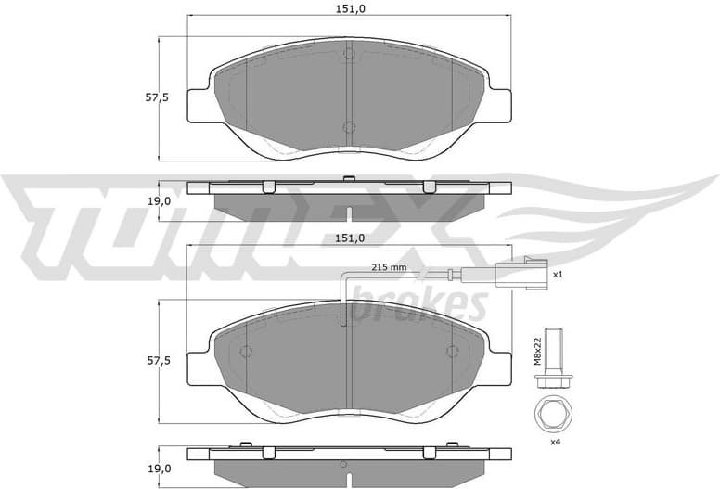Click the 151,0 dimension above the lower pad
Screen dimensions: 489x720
click(x=349, y=238)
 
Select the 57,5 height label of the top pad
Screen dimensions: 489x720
click(x=159, y=98)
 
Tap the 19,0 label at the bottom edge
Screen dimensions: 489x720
click(x=160, y=469)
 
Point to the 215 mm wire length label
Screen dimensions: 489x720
click(x=390, y=267)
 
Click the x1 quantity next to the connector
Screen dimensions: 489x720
click(x=559, y=275)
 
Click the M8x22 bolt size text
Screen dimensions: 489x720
click(x=538, y=351)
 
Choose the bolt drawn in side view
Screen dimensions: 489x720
click(x=556, y=357)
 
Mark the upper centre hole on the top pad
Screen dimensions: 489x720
click(x=349, y=54)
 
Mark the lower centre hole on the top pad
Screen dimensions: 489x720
click(x=349, y=127)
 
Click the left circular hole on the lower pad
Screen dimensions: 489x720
click(x=246, y=352)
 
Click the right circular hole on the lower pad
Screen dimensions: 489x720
click(x=452, y=352)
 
